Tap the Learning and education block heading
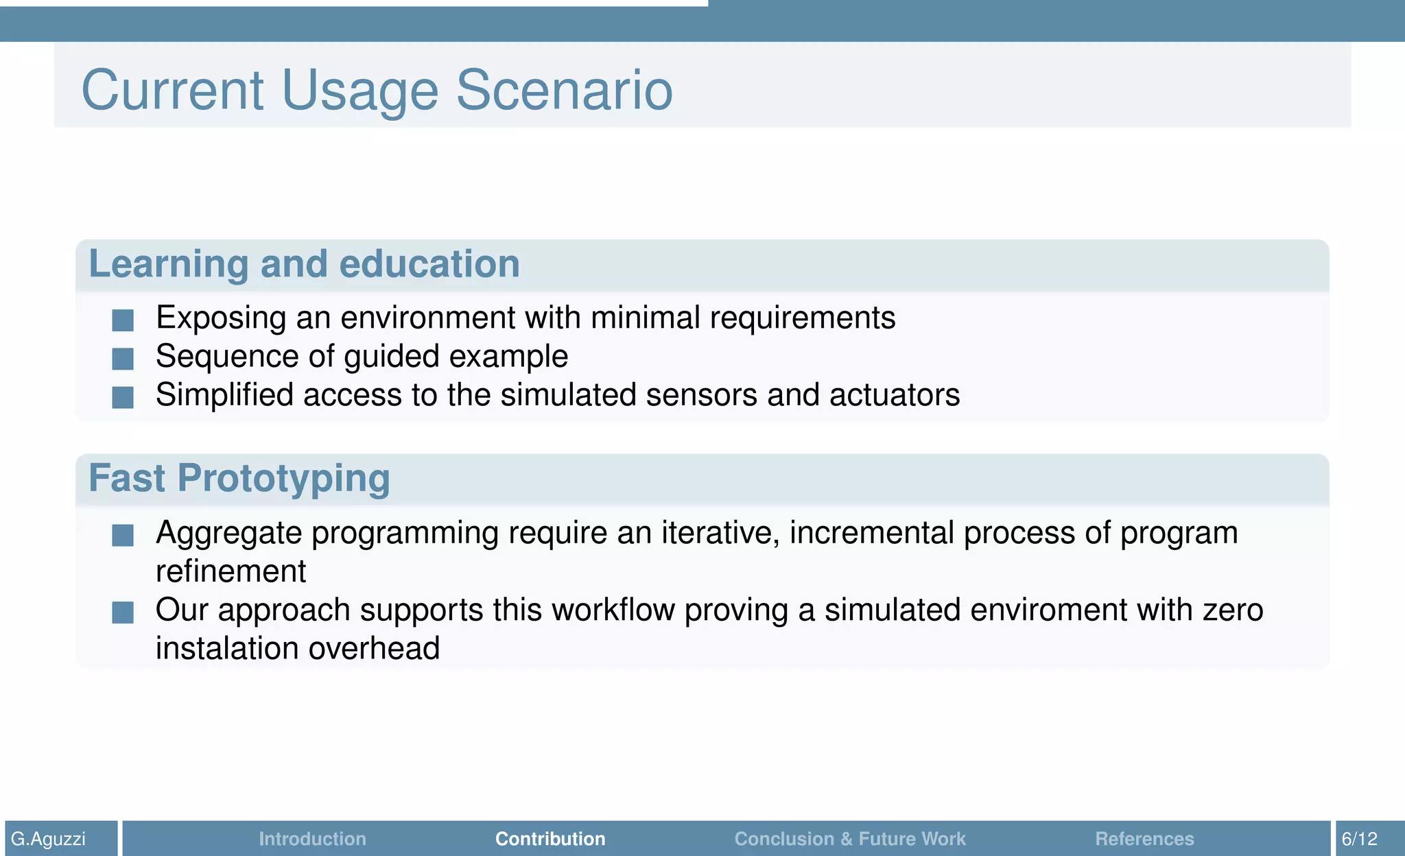point(304,264)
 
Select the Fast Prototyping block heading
point(239,478)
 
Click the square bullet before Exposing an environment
point(123,320)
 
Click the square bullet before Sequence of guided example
point(123,358)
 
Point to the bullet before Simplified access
point(123,396)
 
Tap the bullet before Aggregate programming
point(123,535)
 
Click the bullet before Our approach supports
point(123,612)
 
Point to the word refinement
point(231,571)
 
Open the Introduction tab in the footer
point(312,839)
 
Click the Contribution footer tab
point(550,839)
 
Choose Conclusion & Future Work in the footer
point(849,839)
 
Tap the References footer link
point(1144,839)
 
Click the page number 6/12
point(1359,839)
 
